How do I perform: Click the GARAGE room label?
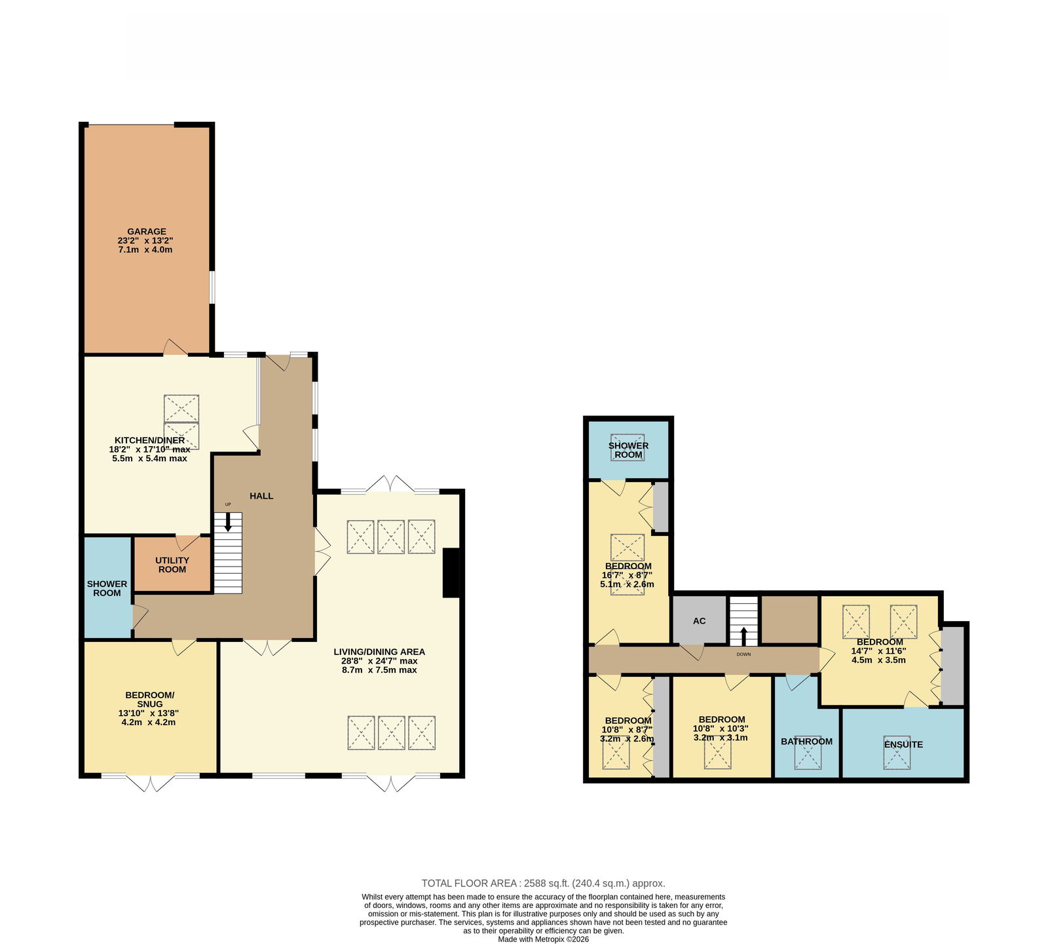coord(147,231)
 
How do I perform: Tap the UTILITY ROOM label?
coord(172,565)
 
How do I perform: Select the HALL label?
coord(261,496)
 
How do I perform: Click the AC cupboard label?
coord(700,620)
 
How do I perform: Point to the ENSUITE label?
coord(903,744)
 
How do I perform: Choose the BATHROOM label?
coord(806,742)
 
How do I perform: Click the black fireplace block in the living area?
coord(452,573)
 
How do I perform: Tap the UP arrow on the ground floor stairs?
coord(228,522)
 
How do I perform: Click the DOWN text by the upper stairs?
coord(743,654)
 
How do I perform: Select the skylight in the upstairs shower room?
coord(628,447)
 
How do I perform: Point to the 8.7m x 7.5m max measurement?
coord(379,670)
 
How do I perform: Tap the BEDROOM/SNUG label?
coord(150,700)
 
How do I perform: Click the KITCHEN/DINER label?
coord(150,440)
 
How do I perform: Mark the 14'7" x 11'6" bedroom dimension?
coord(878,651)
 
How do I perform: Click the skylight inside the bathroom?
coord(808,756)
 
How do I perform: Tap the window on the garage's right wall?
coord(212,288)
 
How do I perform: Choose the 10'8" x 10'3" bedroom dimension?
coord(720,728)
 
